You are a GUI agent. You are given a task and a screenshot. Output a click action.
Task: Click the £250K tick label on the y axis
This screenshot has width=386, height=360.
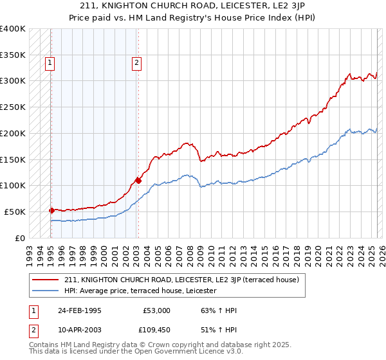coord(13,107)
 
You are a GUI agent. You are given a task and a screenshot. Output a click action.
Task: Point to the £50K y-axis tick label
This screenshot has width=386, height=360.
coord(15,212)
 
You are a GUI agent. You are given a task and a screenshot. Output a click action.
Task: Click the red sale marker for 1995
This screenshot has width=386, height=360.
coord(51,210)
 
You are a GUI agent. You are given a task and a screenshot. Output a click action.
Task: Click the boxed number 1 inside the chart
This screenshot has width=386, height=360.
coord(50,63)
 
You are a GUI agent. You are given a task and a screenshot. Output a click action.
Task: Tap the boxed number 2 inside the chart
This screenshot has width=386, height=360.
coord(137,63)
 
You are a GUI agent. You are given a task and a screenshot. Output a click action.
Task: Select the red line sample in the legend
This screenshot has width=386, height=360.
coord(46,280)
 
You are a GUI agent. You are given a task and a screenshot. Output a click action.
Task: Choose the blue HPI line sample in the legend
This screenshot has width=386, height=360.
coord(46,291)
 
